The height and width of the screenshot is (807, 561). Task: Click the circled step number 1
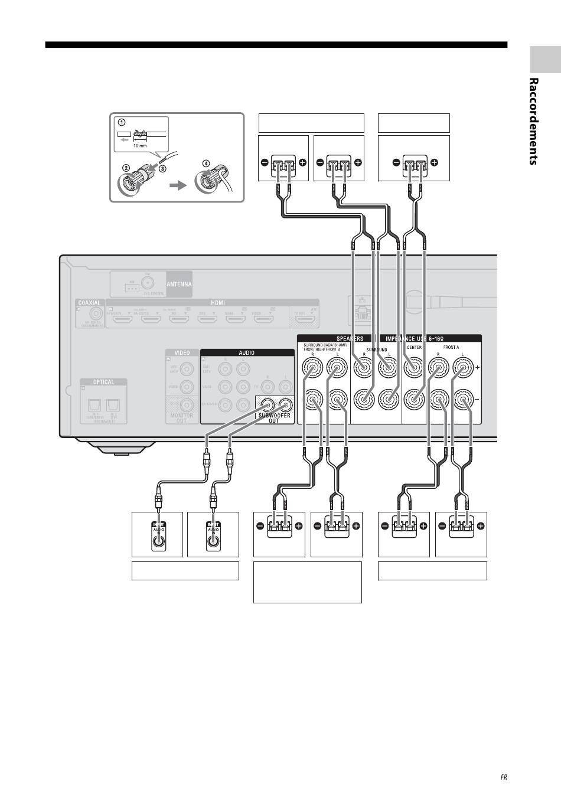[x=121, y=123]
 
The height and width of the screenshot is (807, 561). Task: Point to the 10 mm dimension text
[x=140, y=145]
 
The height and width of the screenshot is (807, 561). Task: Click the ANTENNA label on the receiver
[x=179, y=284]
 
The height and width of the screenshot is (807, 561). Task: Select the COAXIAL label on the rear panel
[x=89, y=303]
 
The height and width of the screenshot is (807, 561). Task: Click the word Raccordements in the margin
[x=533, y=121]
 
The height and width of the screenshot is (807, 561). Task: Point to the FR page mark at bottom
[x=504, y=777]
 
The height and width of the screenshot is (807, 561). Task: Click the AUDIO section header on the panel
[x=246, y=353]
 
